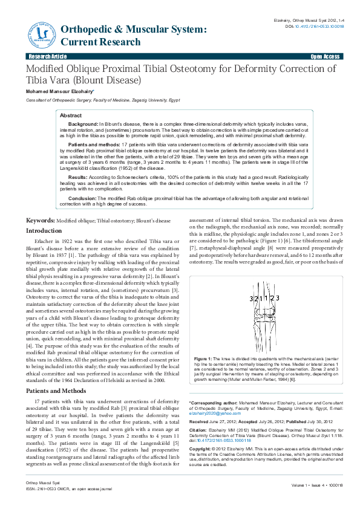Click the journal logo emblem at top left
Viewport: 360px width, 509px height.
(x=40, y=34)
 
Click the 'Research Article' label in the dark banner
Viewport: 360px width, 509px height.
(x=44, y=56)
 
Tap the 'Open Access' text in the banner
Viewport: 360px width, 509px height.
(x=325, y=56)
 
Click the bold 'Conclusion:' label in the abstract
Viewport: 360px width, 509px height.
(x=82, y=197)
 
